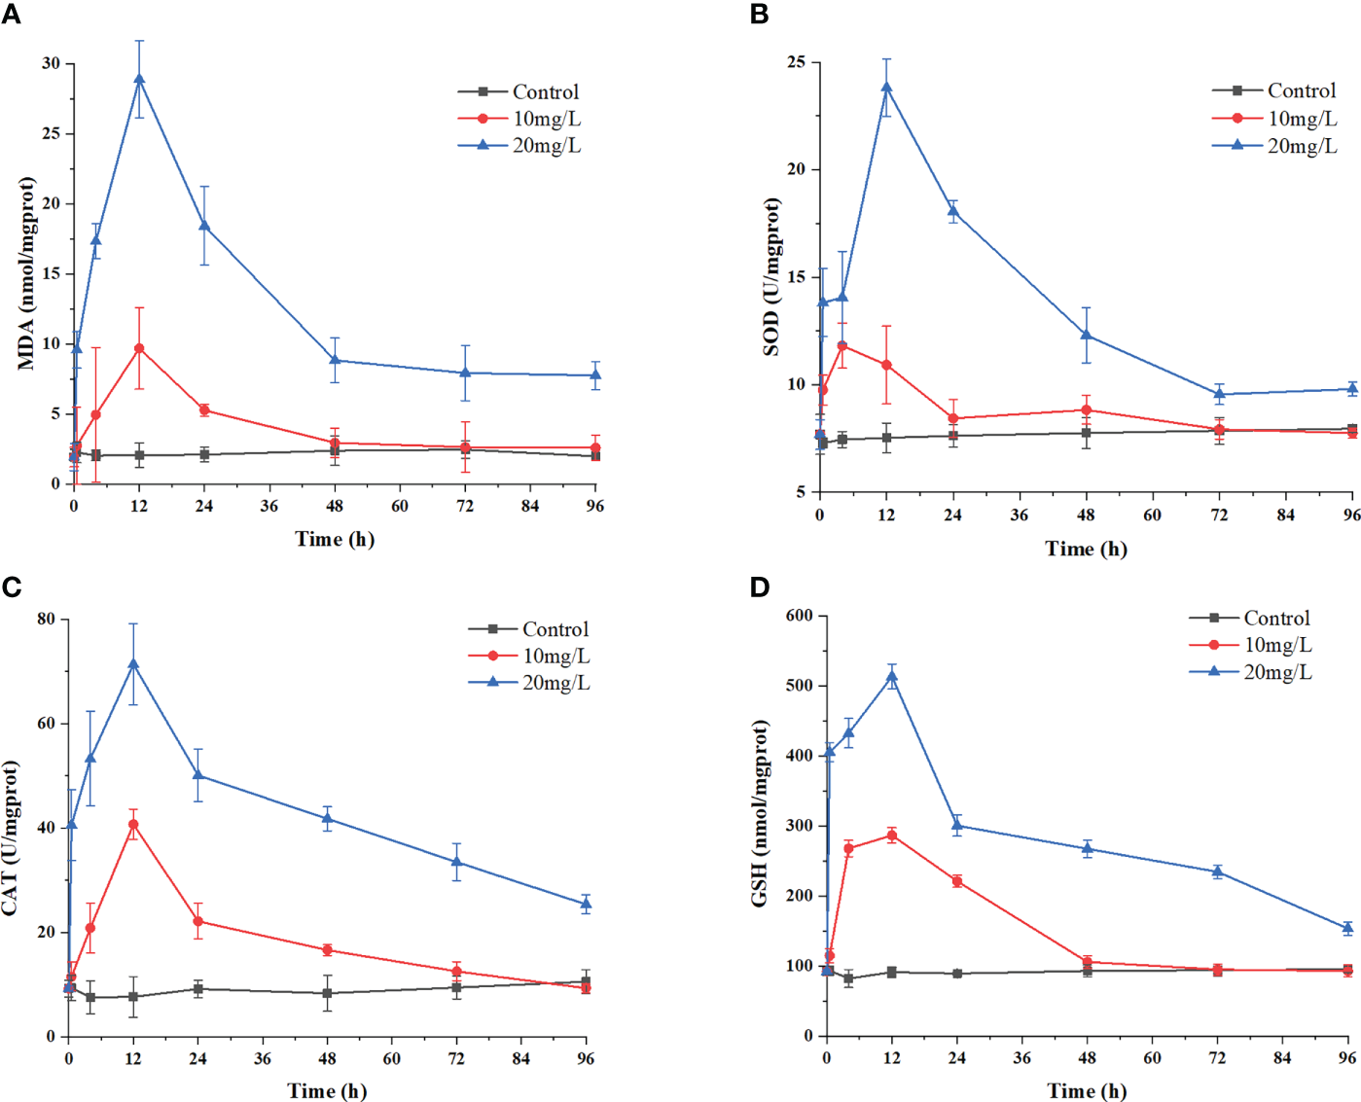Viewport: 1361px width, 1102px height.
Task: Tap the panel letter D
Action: [759, 587]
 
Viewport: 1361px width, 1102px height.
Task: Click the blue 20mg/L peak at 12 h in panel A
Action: [139, 80]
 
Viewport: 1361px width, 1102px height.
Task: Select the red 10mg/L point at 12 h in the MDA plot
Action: [139, 348]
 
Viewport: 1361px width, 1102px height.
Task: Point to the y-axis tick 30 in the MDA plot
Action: [51, 63]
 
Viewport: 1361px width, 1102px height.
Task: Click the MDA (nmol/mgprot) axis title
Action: [26, 273]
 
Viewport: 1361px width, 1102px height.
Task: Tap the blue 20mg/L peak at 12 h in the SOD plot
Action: [886, 88]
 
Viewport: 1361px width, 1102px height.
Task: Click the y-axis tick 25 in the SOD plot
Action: [796, 62]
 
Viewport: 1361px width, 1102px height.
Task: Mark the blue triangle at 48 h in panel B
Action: [1086, 336]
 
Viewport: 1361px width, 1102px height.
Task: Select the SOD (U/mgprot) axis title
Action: [771, 277]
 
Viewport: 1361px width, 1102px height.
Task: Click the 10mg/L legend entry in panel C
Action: [555, 657]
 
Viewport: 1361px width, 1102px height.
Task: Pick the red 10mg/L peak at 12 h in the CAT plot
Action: [133, 825]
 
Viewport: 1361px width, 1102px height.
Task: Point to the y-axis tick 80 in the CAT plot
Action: [47, 619]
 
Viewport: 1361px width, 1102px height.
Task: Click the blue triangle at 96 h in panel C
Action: [586, 905]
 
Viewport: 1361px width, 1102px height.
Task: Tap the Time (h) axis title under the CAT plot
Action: [327, 1090]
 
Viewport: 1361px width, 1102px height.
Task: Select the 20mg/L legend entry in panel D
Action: [1277, 672]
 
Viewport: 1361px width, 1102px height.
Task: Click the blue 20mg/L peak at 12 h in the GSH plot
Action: [892, 677]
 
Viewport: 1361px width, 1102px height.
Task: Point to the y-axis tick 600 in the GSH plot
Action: [799, 616]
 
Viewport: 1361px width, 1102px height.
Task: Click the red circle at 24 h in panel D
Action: [957, 881]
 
